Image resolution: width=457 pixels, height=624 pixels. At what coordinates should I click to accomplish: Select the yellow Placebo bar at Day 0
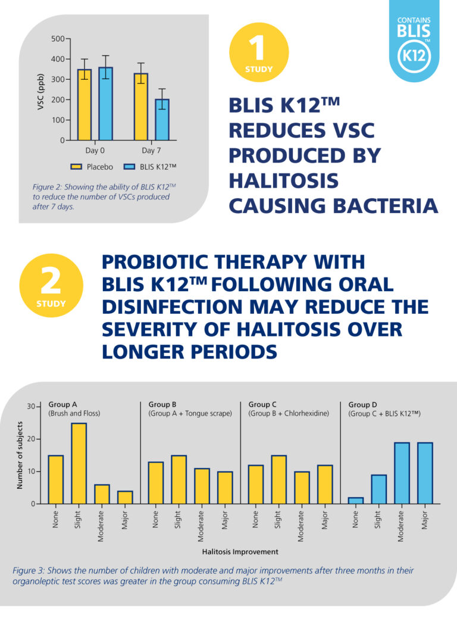coord(84,105)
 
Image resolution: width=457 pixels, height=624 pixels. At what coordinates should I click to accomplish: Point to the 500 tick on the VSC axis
coord(58,39)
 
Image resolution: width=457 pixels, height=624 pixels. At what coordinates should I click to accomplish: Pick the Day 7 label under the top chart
coord(151,151)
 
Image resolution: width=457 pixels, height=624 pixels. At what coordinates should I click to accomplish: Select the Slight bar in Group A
coord(79,463)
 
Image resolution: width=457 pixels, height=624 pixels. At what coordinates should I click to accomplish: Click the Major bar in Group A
coord(124,497)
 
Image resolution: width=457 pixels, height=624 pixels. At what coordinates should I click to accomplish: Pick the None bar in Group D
coord(355,501)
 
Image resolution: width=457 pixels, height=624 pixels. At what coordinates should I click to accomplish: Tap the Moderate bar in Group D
coord(402,473)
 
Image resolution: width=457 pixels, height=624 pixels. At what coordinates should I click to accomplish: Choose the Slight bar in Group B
coord(179,479)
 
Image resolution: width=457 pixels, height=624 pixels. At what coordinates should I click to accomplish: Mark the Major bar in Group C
coord(325,484)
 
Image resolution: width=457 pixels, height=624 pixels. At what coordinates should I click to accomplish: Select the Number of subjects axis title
coord(20,455)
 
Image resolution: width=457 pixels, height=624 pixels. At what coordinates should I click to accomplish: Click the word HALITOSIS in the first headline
coord(283,180)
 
